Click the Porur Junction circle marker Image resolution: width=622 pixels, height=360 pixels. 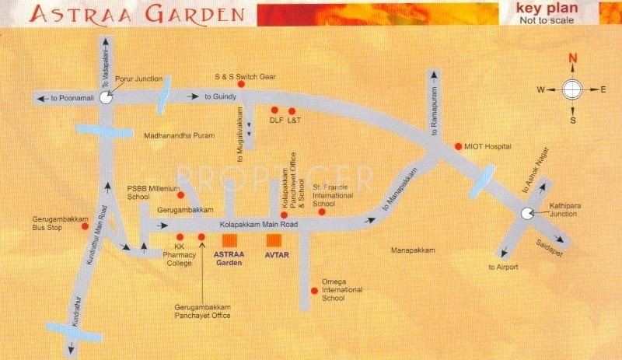click(x=106, y=99)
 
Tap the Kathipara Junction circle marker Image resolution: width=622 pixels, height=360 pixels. click(x=527, y=215)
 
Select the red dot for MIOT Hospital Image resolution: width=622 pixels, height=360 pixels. click(x=458, y=145)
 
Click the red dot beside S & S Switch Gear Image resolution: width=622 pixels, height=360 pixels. click(x=242, y=84)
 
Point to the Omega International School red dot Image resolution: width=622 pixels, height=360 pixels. click(x=314, y=291)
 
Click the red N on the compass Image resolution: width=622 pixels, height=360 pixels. click(x=572, y=58)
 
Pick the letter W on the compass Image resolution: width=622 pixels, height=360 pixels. click(x=540, y=90)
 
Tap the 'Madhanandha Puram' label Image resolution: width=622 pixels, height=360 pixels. click(x=176, y=135)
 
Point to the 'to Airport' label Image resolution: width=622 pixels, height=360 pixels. click(x=503, y=267)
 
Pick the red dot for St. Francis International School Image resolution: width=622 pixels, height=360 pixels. click(x=321, y=211)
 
